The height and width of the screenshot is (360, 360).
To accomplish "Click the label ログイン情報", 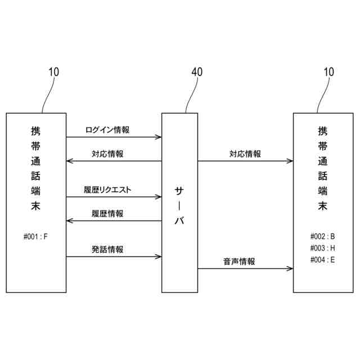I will coord(107,130).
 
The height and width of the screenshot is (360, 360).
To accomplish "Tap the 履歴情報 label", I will coord(107,214).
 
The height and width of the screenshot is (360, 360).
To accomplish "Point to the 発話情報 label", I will coord(107,250).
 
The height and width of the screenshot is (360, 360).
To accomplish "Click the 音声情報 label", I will coord(239,262).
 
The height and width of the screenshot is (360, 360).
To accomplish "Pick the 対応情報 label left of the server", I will coord(107,154).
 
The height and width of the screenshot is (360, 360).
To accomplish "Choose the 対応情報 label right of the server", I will coord(245,154).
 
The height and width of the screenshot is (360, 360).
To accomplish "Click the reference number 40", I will coord(197,72).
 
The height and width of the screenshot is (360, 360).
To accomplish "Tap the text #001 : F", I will coord(35,236).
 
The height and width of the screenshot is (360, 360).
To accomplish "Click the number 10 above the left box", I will coord(53,72).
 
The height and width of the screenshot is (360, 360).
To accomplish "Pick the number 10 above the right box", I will coord(328,72).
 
